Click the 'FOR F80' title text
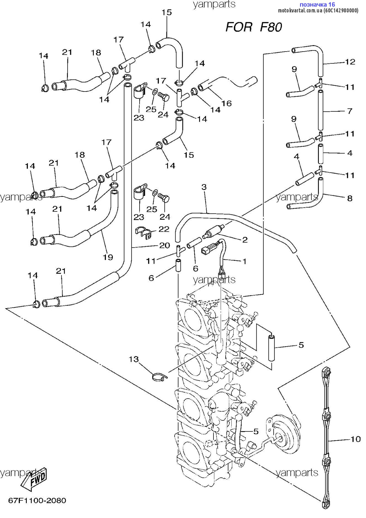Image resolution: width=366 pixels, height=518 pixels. (x=253, y=27)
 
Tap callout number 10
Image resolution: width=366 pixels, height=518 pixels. (x=355, y=439)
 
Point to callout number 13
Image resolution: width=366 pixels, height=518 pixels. (x=134, y=359)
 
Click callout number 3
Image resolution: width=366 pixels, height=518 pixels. (x=204, y=187)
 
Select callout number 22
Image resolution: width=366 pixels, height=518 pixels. (x=164, y=229)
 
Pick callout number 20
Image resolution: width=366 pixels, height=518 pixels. (x=165, y=245)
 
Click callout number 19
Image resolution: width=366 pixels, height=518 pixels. (x=108, y=257)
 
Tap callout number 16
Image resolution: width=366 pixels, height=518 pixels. (x=227, y=103)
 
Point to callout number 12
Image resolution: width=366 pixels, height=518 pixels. (x=350, y=62)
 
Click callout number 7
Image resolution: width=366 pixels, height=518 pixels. (x=350, y=111)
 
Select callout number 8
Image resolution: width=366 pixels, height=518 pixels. (x=350, y=198)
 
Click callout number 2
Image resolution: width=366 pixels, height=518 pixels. (x=245, y=239)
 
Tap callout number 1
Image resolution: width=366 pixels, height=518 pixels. (x=245, y=261)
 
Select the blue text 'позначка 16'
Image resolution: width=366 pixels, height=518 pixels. (x=317, y=4)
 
